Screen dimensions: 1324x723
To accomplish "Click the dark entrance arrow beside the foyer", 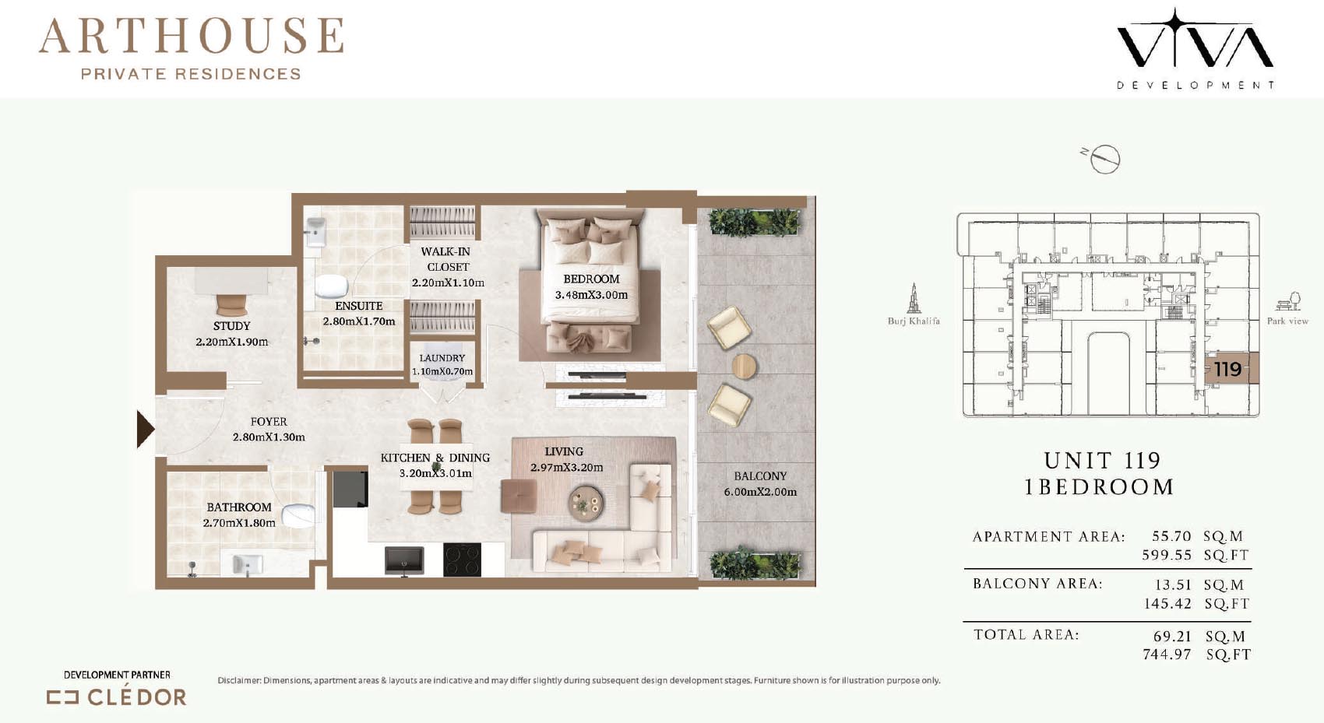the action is point(145,430).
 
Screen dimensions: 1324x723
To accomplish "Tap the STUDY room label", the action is point(232,326).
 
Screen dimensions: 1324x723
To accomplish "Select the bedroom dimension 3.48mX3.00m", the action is point(591,295).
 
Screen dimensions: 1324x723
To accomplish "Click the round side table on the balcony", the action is point(744,367).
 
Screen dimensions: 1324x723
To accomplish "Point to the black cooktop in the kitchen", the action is point(462,560).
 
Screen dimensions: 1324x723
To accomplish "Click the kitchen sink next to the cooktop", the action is point(404,561).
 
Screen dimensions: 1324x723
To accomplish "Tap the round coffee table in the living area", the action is point(586,504).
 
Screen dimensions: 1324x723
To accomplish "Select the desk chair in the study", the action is point(232,305).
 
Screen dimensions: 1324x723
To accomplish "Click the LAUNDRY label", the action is point(442,358).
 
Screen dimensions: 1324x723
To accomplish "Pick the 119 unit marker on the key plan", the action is point(1227,369).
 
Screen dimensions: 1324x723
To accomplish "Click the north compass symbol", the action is point(1103,159).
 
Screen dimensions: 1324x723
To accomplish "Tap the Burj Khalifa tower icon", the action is point(914,298).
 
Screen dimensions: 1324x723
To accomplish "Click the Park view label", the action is point(1287,321).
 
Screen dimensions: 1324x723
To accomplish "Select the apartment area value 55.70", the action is point(1171,536).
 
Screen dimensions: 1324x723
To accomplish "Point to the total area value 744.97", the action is point(1167,655).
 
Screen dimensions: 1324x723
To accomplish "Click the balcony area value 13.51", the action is point(1173,584).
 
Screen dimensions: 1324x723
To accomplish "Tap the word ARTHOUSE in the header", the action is point(192,36).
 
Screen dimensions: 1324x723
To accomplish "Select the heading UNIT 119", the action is point(1102,460).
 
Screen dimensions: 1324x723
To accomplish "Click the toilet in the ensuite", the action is point(330,286).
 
